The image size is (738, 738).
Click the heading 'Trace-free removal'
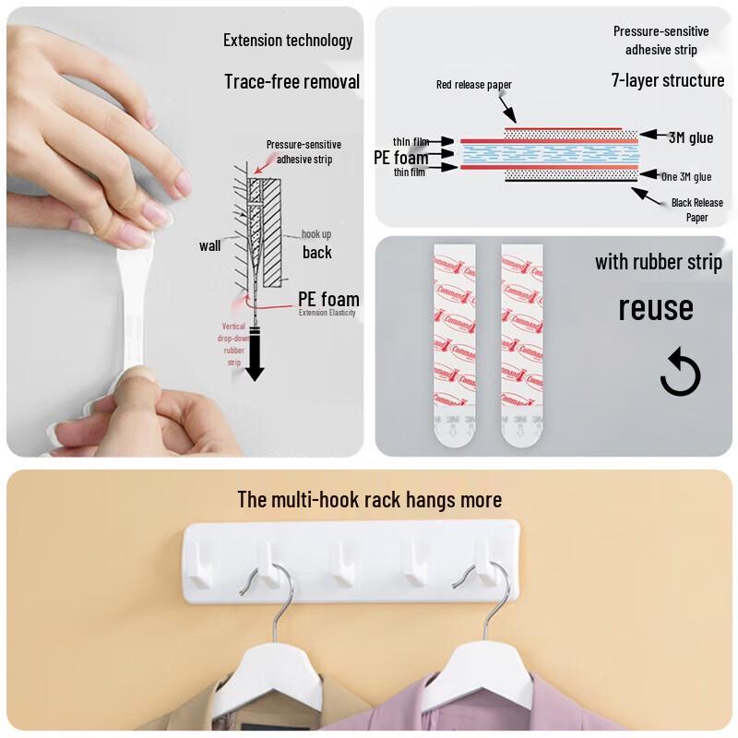pyautogui.click(x=292, y=81)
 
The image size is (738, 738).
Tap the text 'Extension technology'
pyautogui.click(x=288, y=40)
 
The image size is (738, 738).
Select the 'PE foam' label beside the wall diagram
pyautogui.click(x=328, y=299)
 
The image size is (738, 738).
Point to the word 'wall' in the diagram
pyautogui.click(x=209, y=245)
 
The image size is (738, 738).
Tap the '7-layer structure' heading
pyautogui.click(x=668, y=80)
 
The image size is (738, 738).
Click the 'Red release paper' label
pyautogui.click(x=474, y=85)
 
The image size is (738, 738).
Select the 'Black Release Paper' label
pyautogui.click(x=697, y=209)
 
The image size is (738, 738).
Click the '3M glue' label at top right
pyautogui.click(x=691, y=137)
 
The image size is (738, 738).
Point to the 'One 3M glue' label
pyautogui.click(x=686, y=176)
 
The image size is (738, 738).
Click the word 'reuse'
pyautogui.click(x=655, y=307)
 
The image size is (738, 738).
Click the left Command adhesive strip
pyautogui.click(x=453, y=341)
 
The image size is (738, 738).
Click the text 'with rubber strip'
pyautogui.click(x=659, y=262)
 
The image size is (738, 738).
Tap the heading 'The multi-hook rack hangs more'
pyautogui.click(x=369, y=499)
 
